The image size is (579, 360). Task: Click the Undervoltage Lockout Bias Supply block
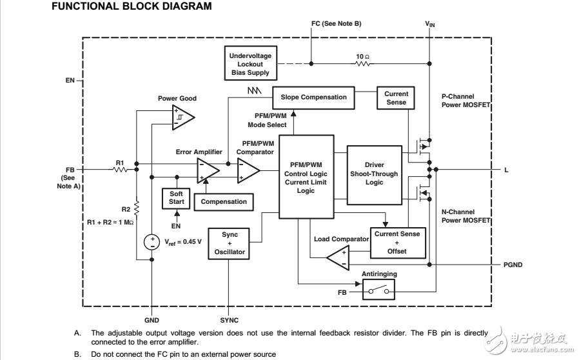coord(251,65)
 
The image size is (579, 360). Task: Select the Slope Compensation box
coord(313,97)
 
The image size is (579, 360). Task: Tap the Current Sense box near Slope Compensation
coord(396,98)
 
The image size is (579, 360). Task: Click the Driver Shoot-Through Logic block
coord(374,174)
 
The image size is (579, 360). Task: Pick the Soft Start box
coord(176,197)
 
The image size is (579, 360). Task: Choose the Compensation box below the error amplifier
coord(224,201)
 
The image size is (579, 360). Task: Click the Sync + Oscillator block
coord(230,243)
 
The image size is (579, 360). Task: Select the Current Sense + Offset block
coord(397,242)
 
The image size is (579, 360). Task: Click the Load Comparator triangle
coord(337,259)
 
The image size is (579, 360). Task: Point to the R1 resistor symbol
coord(120,170)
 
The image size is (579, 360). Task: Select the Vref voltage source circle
coord(152,242)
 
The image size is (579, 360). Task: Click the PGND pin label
coord(513,265)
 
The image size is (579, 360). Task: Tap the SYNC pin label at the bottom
coord(229,320)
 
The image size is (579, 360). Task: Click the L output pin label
coord(506,170)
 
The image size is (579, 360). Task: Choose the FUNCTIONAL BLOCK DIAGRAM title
coord(131,7)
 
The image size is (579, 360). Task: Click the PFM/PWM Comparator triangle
coord(248,170)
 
